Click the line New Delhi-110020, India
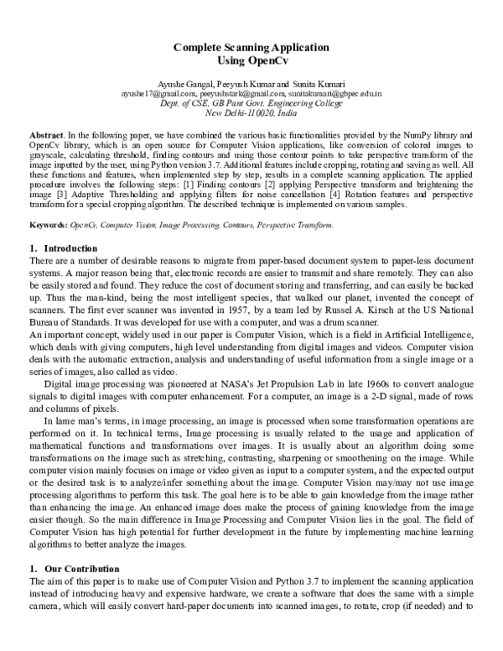click(251, 113)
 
